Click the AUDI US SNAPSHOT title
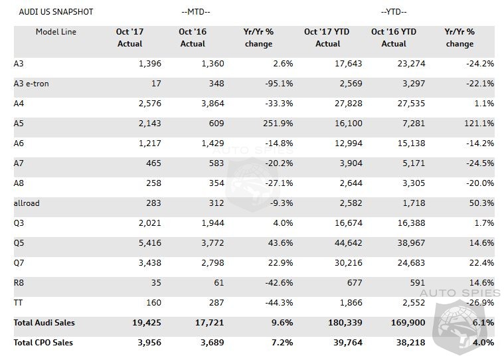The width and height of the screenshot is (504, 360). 56,12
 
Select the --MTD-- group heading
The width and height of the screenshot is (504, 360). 195,12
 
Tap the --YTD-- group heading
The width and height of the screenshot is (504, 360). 394,12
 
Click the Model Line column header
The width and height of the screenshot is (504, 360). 56,32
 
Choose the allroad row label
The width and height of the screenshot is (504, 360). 27,203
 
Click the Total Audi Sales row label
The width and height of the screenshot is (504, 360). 44,323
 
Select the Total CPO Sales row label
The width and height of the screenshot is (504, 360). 43,343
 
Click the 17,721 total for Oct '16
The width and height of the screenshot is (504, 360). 209,323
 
